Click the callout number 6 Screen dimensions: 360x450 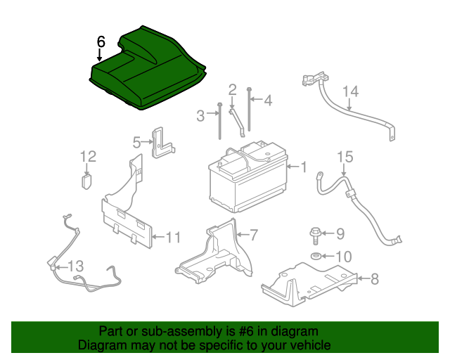tap(101, 41)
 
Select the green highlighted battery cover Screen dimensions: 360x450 tap(148, 70)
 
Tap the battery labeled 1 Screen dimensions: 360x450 tap(246, 179)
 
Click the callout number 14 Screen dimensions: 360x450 tap(350, 91)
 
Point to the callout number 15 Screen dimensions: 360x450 tap(344, 156)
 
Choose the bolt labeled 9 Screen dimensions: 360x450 tap(314, 233)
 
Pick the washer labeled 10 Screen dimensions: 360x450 tap(316, 255)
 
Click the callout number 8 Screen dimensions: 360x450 tap(374, 279)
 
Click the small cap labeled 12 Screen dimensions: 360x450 tap(87, 180)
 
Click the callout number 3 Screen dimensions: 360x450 tap(200, 115)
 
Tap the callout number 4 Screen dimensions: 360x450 tap(267, 101)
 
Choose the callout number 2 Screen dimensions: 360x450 tap(232, 89)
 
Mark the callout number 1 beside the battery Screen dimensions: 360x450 tap(304, 167)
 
